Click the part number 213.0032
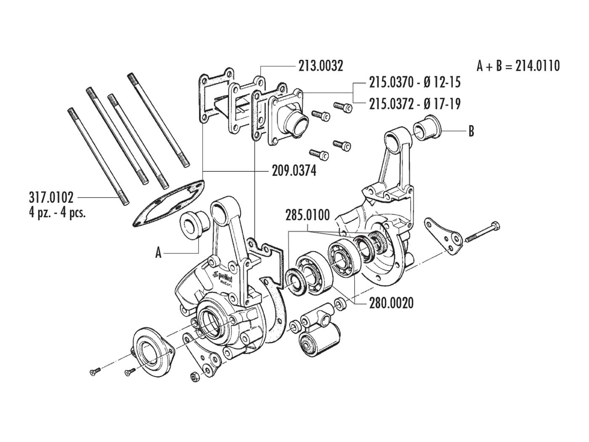(321, 66)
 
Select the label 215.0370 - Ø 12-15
(414, 82)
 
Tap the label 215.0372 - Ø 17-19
(414, 104)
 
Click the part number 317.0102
(51, 197)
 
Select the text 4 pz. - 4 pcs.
(58, 212)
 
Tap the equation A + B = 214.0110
(518, 66)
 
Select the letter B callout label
(471, 131)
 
